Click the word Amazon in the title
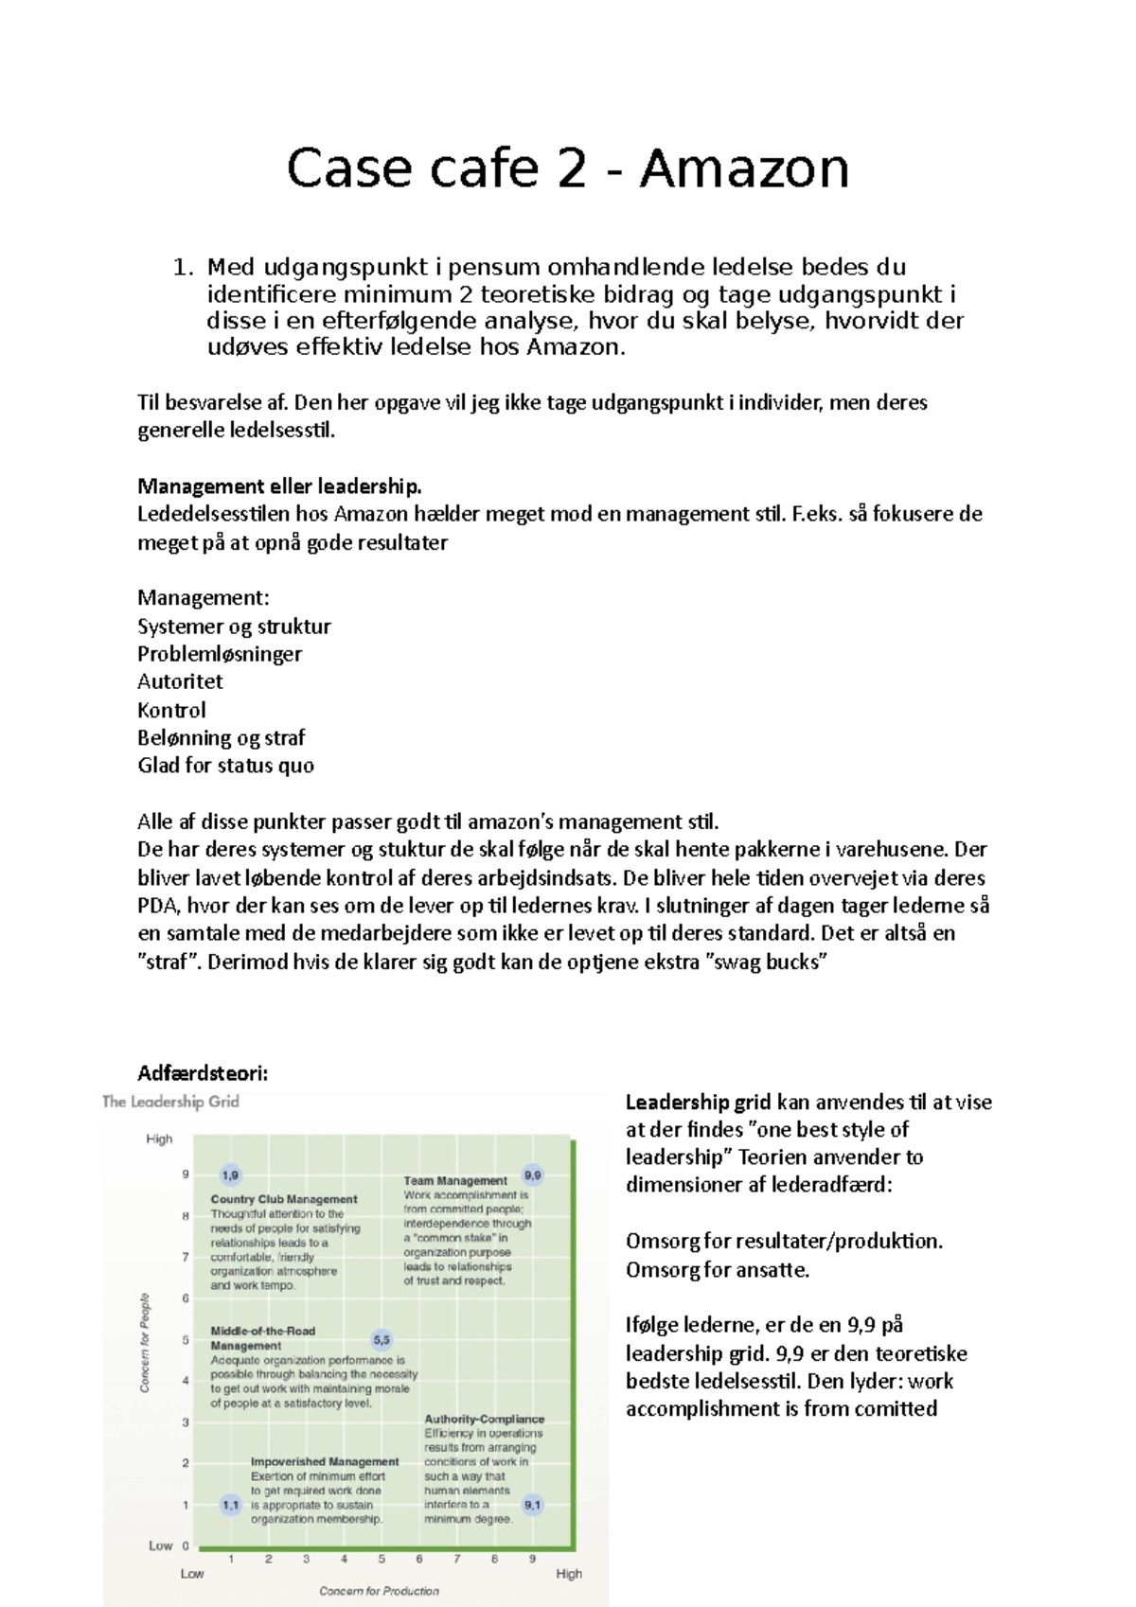click(x=744, y=169)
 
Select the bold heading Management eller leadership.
click(x=279, y=486)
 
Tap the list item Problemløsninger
click(x=220, y=654)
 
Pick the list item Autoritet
click(x=180, y=681)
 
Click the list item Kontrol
click(x=171, y=710)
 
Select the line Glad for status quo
click(x=225, y=766)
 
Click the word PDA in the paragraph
click(x=156, y=906)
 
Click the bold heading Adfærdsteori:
click(x=203, y=1073)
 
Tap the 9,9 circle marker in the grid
click(x=533, y=1175)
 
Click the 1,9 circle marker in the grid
click(x=230, y=1175)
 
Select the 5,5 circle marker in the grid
click(x=382, y=1340)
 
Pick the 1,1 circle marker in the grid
click(x=230, y=1505)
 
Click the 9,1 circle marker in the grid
click(x=533, y=1505)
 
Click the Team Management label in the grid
click(x=455, y=1181)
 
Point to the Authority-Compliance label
click(x=484, y=1420)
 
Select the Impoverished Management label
click(x=325, y=1462)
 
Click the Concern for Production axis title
click(x=379, y=1591)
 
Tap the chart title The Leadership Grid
click(x=170, y=1102)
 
